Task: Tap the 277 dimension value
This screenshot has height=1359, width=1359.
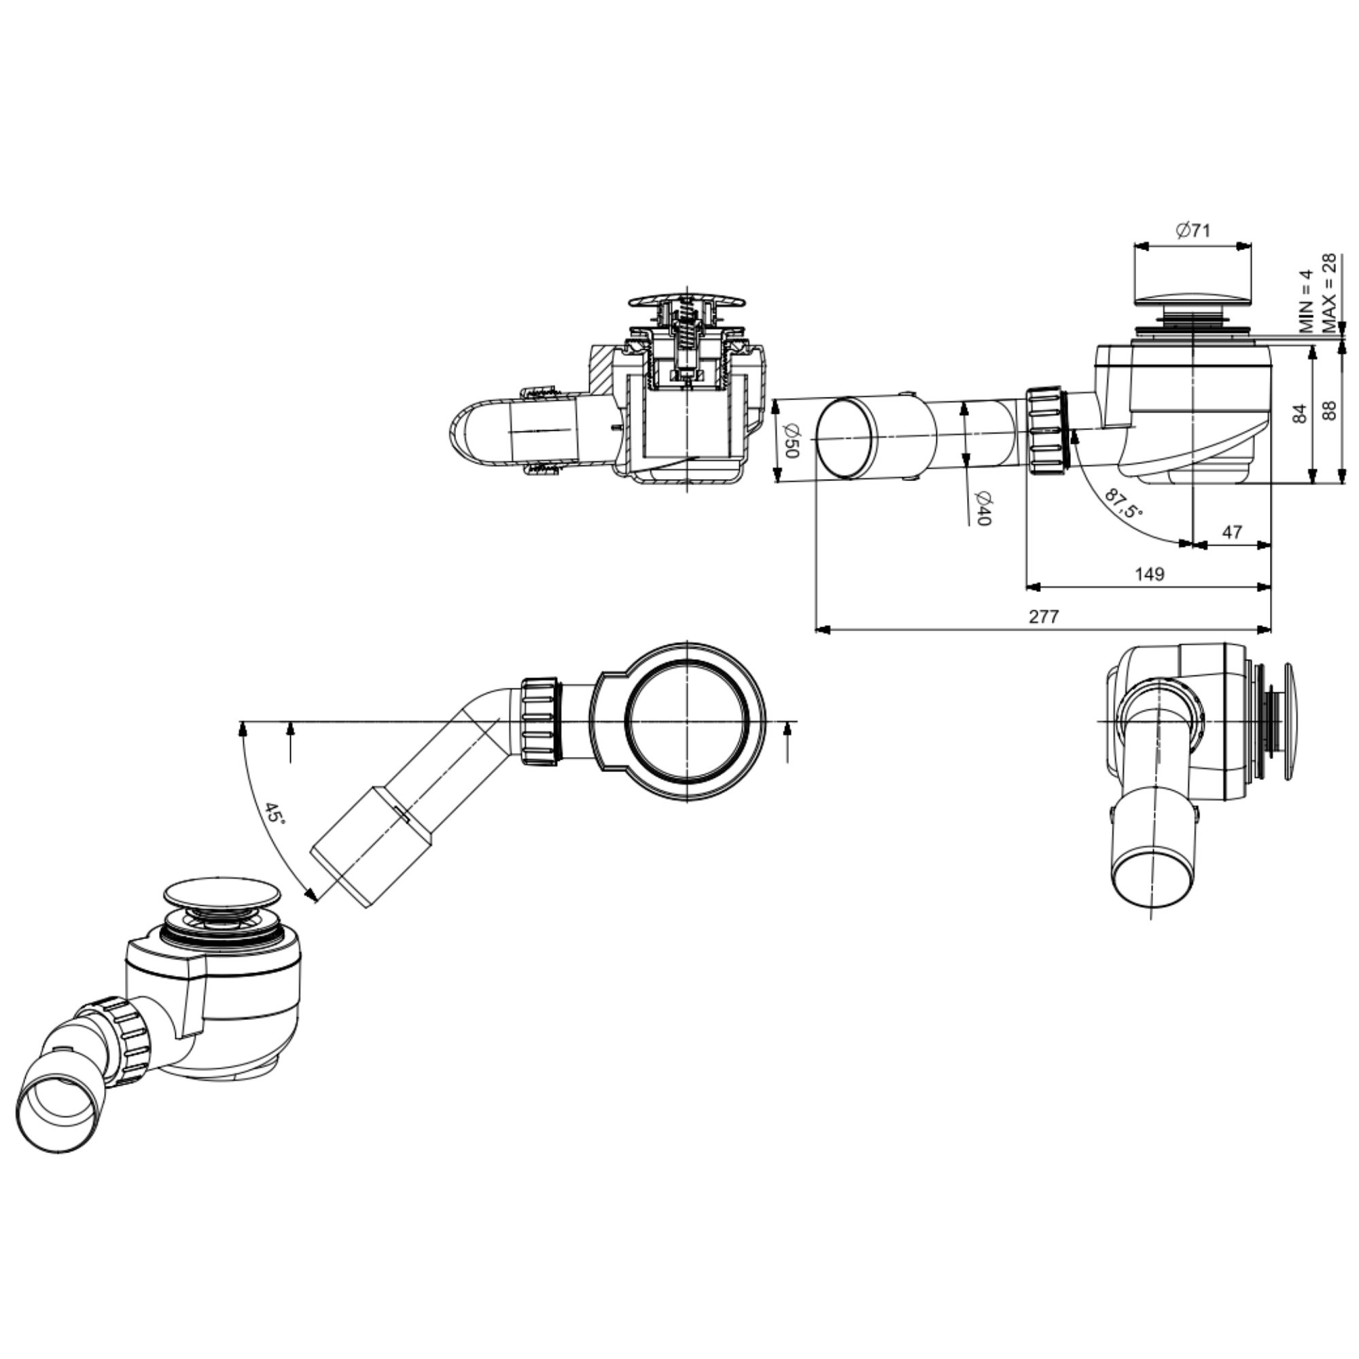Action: (1043, 616)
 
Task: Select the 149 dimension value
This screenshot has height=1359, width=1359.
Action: (1150, 574)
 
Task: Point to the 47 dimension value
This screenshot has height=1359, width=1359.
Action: (1232, 532)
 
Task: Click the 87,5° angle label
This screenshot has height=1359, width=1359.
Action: (1123, 502)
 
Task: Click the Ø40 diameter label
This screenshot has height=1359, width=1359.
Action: (983, 508)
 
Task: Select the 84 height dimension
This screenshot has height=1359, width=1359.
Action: (1299, 414)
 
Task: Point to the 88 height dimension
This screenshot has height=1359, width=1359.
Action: (1328, 411)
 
